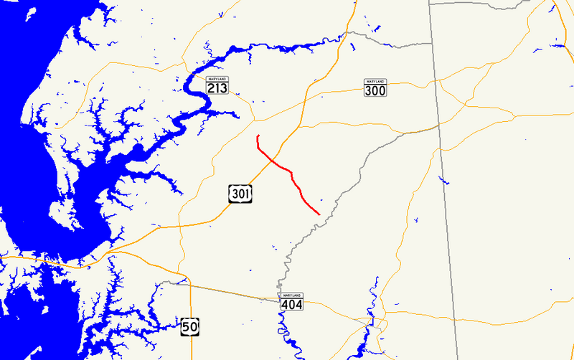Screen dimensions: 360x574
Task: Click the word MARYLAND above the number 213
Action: tap(217, 78)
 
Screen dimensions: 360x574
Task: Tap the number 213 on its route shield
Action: tap(217, 87)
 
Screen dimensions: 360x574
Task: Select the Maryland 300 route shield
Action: tap(375, 87)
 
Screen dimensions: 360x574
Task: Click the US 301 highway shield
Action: tap(240, 193)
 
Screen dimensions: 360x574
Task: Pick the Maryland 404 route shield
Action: tap(291, 301)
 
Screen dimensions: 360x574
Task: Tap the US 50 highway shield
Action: tap(189, 326)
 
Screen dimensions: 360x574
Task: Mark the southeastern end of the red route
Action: tap(319, 214)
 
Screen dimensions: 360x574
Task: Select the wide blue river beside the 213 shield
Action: tap(194, 90)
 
